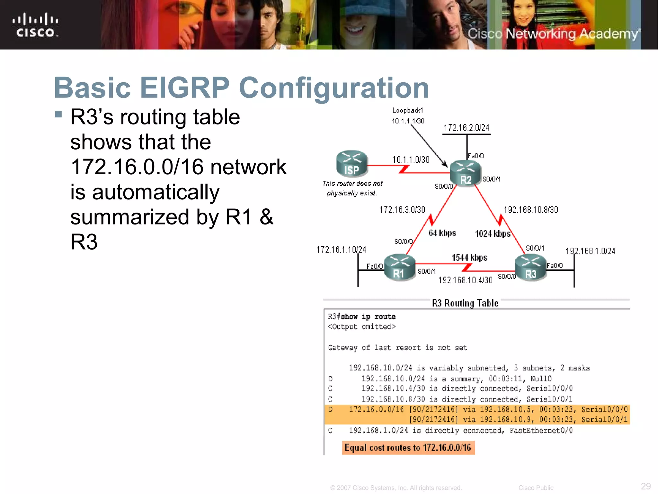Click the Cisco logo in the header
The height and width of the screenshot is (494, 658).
35,25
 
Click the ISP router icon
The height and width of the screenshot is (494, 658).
351,164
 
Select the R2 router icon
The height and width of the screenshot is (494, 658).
465,173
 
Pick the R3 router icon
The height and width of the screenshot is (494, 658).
531,268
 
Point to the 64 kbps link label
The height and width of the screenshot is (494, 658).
442,233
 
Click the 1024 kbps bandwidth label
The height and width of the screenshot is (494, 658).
493,234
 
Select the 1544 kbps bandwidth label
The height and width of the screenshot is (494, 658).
469,258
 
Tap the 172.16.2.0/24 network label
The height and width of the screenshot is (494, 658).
466,128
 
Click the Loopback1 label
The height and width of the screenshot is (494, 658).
407,110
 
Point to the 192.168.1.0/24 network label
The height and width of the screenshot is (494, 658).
590,251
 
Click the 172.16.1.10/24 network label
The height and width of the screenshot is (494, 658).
341,250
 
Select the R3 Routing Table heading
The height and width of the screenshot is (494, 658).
465,303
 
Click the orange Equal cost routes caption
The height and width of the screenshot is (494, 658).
408,448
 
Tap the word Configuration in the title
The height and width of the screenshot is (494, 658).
334,88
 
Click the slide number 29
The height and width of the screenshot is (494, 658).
645,486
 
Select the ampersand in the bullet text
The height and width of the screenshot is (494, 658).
266,217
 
